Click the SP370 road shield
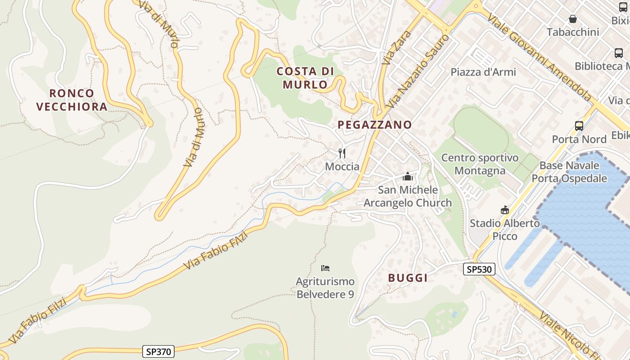tap(158, 351)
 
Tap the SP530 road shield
tap(479, 269)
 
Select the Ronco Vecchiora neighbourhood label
tap(72, 100)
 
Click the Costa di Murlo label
tap(305, 78)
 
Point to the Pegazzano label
tap(375, 125)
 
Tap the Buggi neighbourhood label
tap(408, 278)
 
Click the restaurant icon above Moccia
tap(342, 153)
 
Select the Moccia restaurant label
tap(342, 166)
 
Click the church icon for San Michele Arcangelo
tap(408, 176)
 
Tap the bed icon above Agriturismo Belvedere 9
tap(325, 268)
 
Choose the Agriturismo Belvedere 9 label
tap(325, 288)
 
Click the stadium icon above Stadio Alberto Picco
tap(504, 210)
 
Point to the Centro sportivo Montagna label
tap(480, 164)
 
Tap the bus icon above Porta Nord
tap(579, 126)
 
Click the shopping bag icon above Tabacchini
tap(573, 19)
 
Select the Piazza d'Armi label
tap(483, 72)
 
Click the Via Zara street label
tap(391, 47)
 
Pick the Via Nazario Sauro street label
tap(418, 71)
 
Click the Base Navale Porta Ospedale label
tap(569, 172)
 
